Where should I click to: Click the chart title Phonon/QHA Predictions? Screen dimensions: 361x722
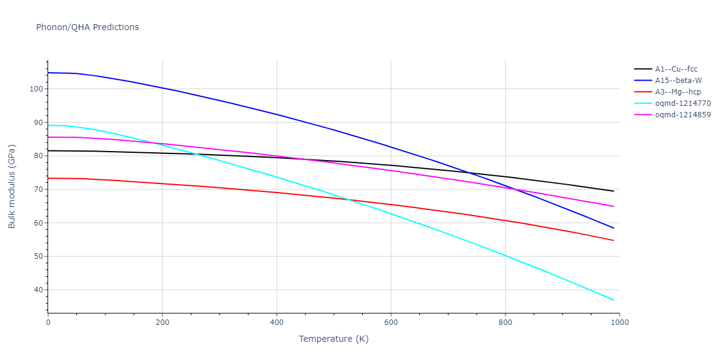[x=87, y=27]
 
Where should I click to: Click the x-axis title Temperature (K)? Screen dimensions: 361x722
[x=333, y=339]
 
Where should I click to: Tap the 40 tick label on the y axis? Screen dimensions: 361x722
[x=38, y=290]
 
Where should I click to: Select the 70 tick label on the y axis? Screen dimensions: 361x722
[x=38, y=190]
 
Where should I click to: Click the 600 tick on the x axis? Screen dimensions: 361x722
[x=390, y=322]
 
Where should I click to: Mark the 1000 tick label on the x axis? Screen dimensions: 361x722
[x=619, y=322]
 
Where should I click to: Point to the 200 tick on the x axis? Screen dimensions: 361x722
[x=162, y=322]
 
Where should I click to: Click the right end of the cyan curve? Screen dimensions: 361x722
[x=614, y=300]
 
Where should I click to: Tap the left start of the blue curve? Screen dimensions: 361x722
[x=48, y=73]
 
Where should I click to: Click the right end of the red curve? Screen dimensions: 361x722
[x=614, y=241]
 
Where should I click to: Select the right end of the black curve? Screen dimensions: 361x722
[x=614, y=191]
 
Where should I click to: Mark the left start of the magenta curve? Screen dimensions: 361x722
[x=48, y=137]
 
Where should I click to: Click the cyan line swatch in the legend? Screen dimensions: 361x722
[x=643, y=103]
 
